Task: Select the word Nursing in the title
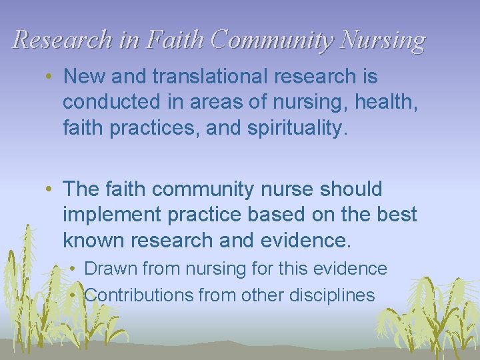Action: point(382,41)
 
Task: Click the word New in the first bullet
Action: point(83,77)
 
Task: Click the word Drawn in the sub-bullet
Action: point(110,269)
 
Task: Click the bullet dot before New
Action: point(51,77)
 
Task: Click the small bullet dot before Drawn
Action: point(79,269)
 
